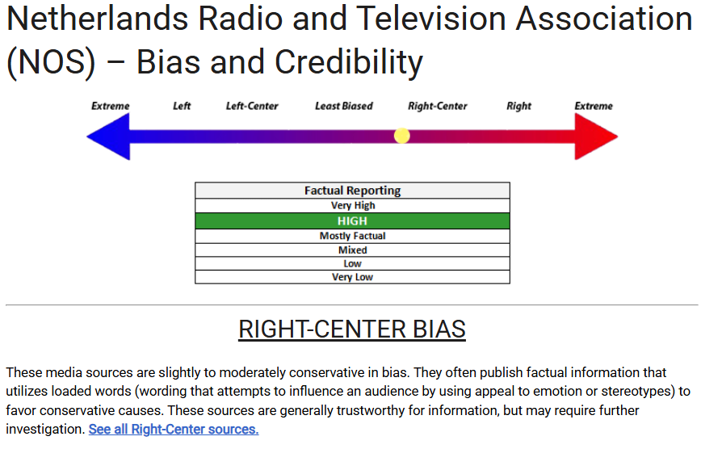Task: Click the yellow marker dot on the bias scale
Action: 402,136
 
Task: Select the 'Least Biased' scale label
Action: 344,106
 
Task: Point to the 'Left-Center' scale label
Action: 252,106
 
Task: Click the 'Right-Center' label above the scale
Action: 437,106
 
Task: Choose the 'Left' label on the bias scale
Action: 182,106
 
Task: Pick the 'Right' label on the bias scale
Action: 518,106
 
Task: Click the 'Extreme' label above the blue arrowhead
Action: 111,106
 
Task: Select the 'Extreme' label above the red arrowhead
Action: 594,106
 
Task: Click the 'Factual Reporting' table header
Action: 352,191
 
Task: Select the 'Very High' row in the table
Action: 352,206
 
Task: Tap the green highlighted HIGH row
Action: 352,221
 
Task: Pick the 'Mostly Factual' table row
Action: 352,236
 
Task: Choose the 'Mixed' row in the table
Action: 352,250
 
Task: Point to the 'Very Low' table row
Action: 352,277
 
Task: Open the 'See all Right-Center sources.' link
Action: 174,430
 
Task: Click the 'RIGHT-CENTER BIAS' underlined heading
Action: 352,329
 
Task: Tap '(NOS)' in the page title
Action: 51,63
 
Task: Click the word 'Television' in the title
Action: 431,19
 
